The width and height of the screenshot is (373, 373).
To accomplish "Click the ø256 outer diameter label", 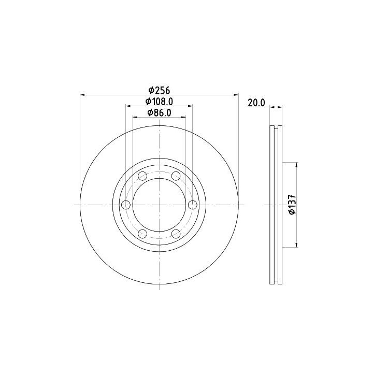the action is [159, 90].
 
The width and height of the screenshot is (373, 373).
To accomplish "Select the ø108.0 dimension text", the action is [159, 102].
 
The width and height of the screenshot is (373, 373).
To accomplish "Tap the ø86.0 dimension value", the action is [159, 113].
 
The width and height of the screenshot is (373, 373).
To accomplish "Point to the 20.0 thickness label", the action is [256, 103].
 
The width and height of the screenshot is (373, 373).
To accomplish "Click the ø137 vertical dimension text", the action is [292, 205].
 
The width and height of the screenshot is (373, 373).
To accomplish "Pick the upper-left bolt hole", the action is [142, 176].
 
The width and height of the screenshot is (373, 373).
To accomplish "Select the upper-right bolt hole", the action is [176, 176].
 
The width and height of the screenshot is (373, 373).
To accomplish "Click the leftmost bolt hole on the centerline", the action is [125, 205].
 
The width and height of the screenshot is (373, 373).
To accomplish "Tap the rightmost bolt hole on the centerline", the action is [192, 205].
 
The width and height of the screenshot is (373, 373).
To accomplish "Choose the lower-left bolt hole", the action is [142, 234].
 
